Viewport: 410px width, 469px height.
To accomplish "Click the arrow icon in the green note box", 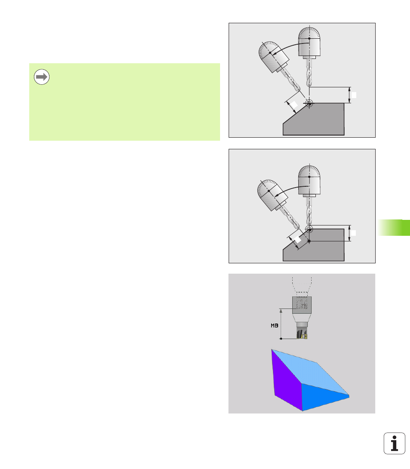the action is tap(42, 77).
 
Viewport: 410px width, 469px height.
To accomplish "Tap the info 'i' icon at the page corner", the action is tap(395, 443).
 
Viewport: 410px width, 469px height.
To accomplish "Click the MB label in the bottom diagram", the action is tap(274, 325).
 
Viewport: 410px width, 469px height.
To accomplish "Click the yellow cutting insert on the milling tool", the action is tap(305, 336).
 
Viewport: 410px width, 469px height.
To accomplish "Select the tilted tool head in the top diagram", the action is tap(273, 57).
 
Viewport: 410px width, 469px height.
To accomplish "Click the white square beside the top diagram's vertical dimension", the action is tap(353, 95).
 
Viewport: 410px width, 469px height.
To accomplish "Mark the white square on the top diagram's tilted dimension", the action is tap(294, 105).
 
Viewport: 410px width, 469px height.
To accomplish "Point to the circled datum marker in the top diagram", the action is tap(309, 103).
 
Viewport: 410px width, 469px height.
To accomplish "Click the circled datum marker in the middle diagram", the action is tap(309, 229).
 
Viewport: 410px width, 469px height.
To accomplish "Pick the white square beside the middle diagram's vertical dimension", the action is tap(353, 233).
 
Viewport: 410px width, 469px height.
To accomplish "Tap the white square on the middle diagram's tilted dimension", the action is tap(298, 239).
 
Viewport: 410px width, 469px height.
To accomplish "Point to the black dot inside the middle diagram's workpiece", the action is tap(309, 241).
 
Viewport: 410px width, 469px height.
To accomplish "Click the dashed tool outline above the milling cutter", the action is tap(302, 287).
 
